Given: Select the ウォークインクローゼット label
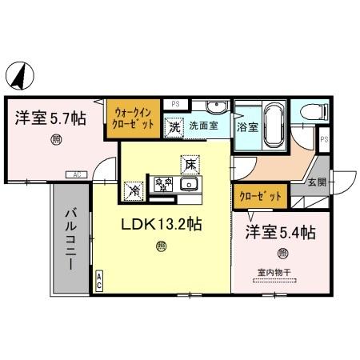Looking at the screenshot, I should [133, 118].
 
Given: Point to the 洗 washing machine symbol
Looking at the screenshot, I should [174, 126].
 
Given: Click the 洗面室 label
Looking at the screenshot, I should [204, 126].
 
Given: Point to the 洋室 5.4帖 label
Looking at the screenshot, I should [280, 233].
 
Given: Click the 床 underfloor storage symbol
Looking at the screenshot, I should [190, 163].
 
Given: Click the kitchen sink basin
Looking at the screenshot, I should [190, 186].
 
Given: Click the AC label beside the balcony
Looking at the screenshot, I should [99, 279].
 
